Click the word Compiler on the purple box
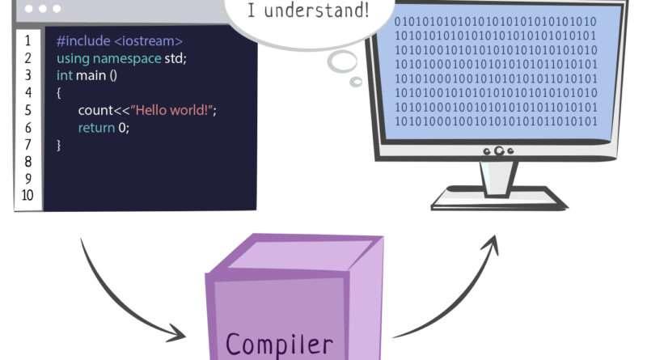(x=279, y=345)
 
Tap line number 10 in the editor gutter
(x=27, y=195)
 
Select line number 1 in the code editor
(x=27, y=41)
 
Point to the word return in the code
(x=96, y=128)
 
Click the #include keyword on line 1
(x=83, y=41)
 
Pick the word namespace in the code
(x=127, y=58)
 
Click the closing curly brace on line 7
(x=58, y=146)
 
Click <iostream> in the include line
(x=148, y=41)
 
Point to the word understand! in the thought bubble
(x=316, y=11)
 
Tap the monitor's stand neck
(x=497, y=177)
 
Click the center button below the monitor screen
(x=499, y=150)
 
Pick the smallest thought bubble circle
(x=356, y=82)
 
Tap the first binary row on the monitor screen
(x=495, y=22)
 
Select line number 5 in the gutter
(x=27, y=110)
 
